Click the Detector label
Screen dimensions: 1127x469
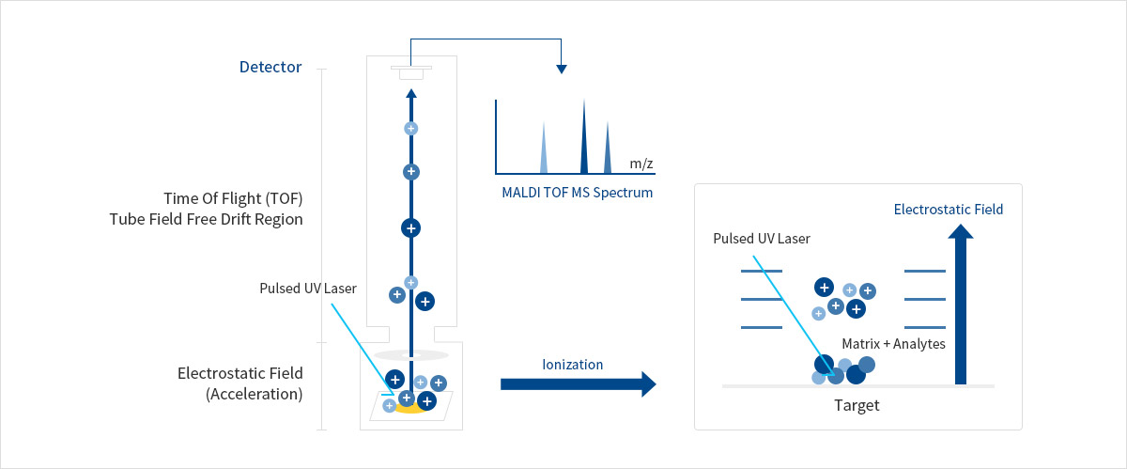pos(270,67)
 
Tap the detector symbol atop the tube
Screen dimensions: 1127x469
pos(411,72)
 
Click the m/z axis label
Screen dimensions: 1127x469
pos(641,164)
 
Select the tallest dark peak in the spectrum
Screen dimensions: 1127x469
pos(584,136)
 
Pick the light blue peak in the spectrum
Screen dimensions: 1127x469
pos(544,149)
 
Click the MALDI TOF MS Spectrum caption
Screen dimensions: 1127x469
pos(577,193)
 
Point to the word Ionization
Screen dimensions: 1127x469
pos(573,365)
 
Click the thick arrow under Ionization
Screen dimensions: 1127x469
pos(579,384)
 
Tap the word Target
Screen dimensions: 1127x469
pos(857,405)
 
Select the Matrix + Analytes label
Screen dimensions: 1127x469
pos(893,344)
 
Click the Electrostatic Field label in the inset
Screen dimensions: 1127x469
pos(949,210)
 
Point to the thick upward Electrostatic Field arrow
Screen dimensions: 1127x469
pos(961,305)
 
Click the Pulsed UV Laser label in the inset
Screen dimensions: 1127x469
pos(762,239)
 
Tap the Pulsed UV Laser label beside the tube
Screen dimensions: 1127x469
pos(308,289)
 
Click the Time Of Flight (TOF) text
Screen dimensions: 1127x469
pos(233,198)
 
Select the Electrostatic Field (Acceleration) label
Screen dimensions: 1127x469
pos(240,383)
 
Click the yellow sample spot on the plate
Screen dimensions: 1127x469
pos(410,408)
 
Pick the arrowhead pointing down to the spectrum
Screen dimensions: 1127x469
pos(562,69)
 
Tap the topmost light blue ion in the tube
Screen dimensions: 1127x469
pos(411,129)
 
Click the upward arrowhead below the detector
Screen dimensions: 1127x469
pos(411,93)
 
